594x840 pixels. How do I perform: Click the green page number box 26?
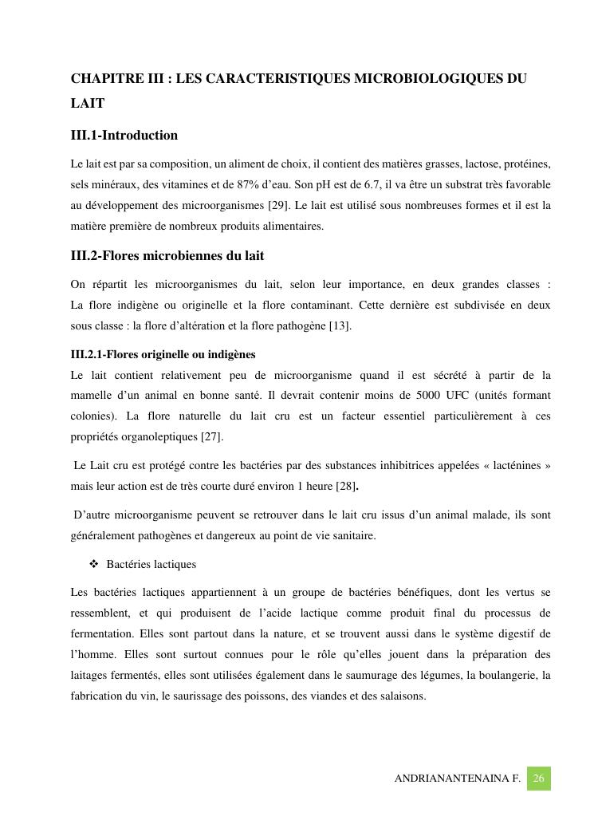point(538,779)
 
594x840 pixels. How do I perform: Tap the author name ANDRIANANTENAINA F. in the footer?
point(457,779)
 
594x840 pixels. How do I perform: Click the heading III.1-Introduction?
point(124,135)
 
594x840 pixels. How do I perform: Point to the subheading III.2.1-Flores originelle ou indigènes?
point(163,354)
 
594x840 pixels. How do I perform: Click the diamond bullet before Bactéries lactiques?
point(94,564)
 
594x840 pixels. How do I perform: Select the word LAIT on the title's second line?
point(88,104)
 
